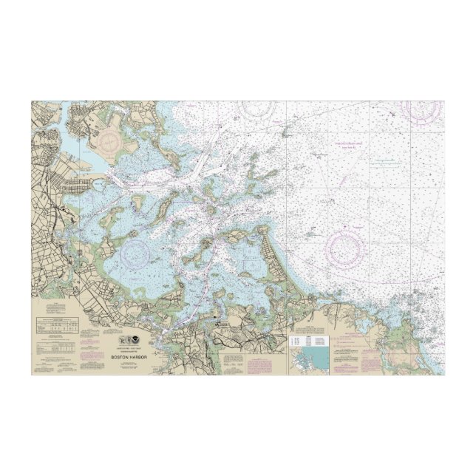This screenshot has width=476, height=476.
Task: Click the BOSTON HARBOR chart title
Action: (129, 356)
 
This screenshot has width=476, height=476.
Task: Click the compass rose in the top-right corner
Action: (421, 112)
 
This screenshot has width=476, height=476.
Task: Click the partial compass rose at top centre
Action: (255, 109)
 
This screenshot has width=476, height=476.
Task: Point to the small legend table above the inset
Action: (310, 339)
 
